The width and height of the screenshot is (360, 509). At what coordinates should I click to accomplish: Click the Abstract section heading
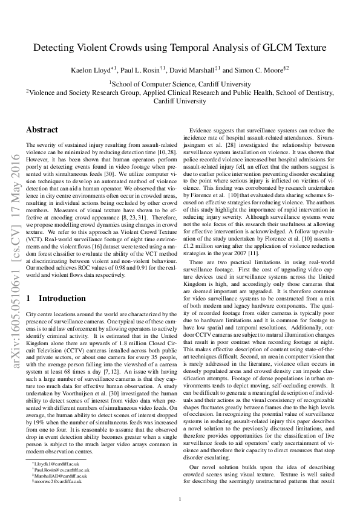point(42,130)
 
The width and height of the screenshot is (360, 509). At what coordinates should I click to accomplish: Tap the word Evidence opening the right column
point(203,131)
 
